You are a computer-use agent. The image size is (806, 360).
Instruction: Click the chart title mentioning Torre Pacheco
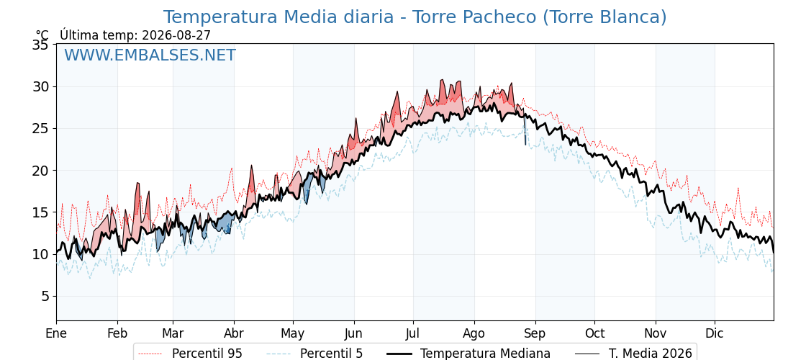pyautogui.click(x=415, y=17)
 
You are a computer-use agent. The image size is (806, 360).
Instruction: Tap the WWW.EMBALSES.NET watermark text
pyautogui.click(x=150, y=55)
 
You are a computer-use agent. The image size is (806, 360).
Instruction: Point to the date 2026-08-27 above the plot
pyautogui.click(x=176, y=35)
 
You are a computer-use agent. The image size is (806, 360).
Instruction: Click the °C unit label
pyautogui.click(x=42, y=35)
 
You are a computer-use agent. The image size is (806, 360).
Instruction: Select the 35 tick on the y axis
pyautogui.click(x=41, y=45)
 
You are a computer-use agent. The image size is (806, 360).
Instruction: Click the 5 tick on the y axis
pyautogui.click(x=45, y=296)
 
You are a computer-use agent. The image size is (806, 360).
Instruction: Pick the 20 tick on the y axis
pyautogui.click(x=41, y=170)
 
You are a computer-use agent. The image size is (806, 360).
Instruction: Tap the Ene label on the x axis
pyautogui.click(x=56, y=333)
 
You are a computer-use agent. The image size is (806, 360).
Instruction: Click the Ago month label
pyautogui.click(x=474, y=333)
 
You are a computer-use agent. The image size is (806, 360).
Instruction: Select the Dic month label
pyautogui.click(x=715, y=333)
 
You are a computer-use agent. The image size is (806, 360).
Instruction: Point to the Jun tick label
pyautogui.click(x=353, y=333)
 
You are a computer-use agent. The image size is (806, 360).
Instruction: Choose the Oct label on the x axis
pyautogui.click(x=594, y=333)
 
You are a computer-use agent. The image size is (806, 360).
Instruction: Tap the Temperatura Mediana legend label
pyautogui.click(x=485, y=354)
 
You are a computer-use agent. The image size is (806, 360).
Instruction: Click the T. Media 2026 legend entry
pyautogui.click(x=651, y=354)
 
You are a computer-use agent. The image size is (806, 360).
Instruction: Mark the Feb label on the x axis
pyautogui.click(x=117, y=333)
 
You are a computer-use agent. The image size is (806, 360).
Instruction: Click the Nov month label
pyautogui.click(x=656, y=333)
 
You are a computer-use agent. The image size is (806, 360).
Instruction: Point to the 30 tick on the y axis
pyautogui.click(x=41, y=86)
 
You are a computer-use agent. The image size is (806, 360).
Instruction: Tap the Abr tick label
pyautogui.click(x=234, y=333)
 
